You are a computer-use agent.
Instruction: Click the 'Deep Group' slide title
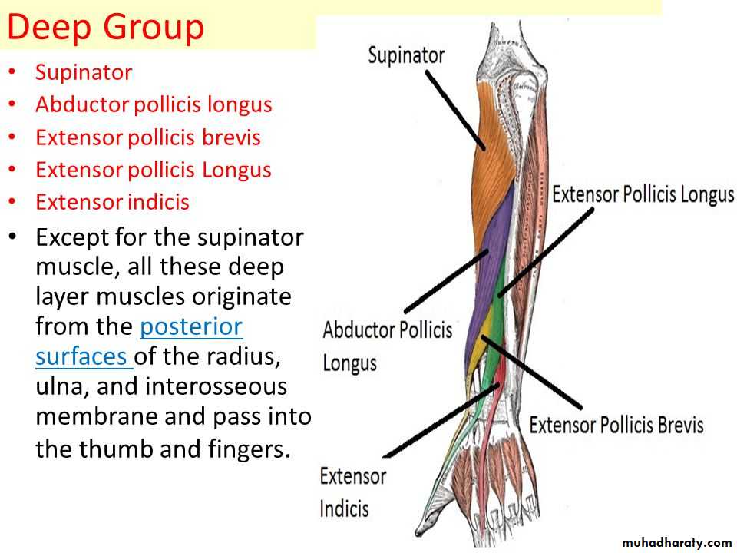[x=105, y=28]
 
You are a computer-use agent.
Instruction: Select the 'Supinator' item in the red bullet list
[x=84, y=73]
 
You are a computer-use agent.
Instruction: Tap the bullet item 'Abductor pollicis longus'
[x=154, y=105]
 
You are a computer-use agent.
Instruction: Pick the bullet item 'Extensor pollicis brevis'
[x=148, y=137]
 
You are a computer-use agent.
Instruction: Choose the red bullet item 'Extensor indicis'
[x=112, y=202]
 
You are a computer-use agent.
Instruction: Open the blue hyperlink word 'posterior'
[x=191, y=326]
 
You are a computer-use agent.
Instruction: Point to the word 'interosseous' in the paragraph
[x=216, y=386]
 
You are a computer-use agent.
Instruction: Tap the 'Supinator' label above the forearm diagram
[x=406, y=55]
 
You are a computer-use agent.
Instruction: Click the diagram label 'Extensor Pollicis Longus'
[x=643, y=194]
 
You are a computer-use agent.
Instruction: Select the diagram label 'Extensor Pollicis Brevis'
[x=616, y=425]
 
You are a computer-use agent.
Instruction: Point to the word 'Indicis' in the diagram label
[x=344, y=508]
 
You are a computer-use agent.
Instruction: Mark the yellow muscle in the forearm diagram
[x=479, y=343]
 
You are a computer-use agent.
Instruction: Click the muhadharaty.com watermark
[x=677, y=543]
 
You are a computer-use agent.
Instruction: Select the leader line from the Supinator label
[x=455, y=110]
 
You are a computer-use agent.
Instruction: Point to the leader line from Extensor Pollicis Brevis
[x=531, y=372]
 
